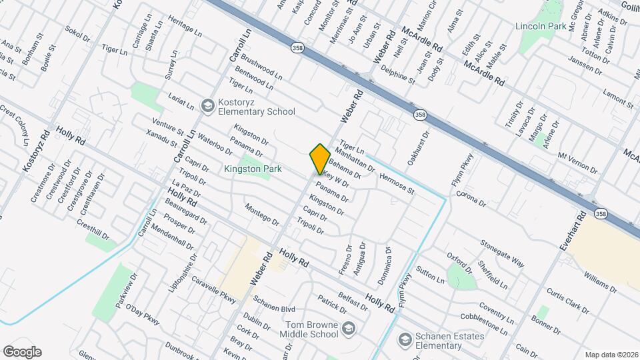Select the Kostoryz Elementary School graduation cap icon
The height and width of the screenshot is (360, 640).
tap(207, 107)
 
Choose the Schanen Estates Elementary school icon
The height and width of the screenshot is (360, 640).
tap(403, 340)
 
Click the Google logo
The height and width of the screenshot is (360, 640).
tap(22, 351)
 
